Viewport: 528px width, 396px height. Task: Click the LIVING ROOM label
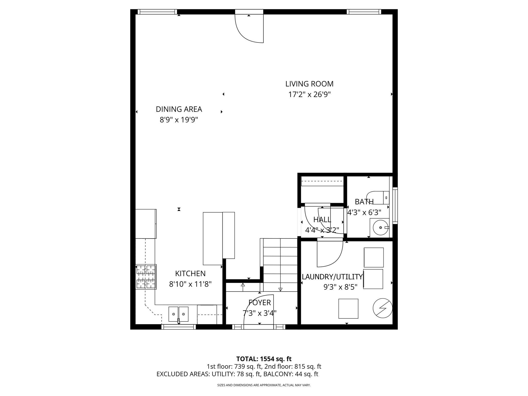pos(309,84)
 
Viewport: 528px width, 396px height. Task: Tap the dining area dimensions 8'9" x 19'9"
pos(179,120)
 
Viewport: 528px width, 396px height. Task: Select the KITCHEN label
pos(190,274)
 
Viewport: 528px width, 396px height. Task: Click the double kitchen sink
pos(178,314)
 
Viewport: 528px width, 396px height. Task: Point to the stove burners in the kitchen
pos(146,277)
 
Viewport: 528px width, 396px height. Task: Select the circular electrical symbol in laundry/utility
pos(383,308)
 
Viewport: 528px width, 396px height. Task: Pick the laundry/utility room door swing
pos(330,254)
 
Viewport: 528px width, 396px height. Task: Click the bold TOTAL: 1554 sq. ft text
pos(264,359)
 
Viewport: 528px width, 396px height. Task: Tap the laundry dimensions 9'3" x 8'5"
pos(340,287)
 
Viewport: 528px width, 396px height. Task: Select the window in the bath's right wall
pos(395,205)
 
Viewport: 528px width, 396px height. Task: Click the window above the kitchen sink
pos(179,327)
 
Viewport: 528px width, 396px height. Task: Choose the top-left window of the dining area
pos(157,12)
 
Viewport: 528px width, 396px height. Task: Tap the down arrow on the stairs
pos(280,289)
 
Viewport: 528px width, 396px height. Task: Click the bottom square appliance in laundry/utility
pos(348,309)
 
